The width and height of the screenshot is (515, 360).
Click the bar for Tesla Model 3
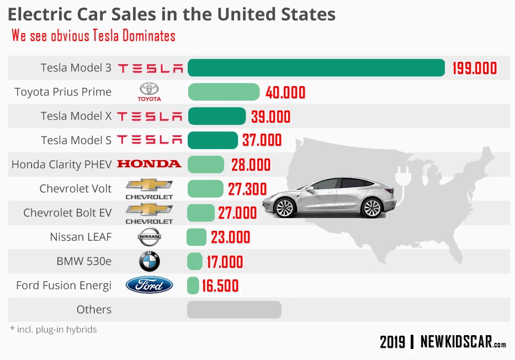(x=316, y=68)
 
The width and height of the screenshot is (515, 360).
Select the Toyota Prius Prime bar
(x=224, y=92)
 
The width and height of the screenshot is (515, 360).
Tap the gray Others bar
(x=234, y=310)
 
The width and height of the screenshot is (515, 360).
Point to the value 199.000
(x=475, y=68)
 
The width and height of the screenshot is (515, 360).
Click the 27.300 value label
(x=247, y=189)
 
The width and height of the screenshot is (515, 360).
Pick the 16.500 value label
(x=220, y=286)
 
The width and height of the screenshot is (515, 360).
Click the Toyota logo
(x=149, y=92)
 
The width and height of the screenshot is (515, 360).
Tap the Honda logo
(x=149, y=164)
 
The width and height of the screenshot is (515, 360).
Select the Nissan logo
(x=149, y=237)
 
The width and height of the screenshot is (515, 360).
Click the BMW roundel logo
(x=149, y=262)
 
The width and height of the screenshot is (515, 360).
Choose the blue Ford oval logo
(x=149, y=285)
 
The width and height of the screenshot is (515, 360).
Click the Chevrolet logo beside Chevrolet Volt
(x=149, y=188)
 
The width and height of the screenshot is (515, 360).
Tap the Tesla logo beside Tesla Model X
(x=149, y=117)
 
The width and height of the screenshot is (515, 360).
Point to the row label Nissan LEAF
(x=81, y=237)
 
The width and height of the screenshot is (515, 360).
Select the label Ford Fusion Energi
(x=63, y=285)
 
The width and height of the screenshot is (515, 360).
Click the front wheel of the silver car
(x=285, y=208)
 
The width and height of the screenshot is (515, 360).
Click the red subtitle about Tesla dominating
(x=93, y=36)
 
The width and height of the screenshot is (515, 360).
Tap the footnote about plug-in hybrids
(x=54, y=330)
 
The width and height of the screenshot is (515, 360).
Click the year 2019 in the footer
(x=392, y=342)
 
